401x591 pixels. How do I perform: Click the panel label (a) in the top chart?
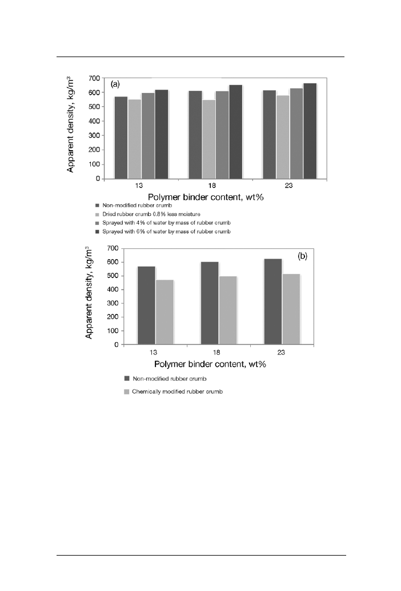coord(115,84)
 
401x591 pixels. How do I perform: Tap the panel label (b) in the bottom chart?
coord(302,256)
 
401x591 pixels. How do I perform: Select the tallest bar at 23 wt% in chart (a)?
coord(310,131)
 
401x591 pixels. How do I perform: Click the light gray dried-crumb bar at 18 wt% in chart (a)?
coord(208,139)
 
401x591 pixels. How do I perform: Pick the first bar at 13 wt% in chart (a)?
coord(121,138)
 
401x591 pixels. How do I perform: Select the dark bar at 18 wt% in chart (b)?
coord(210,303)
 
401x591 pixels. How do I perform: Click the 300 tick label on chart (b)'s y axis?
coord(112,303)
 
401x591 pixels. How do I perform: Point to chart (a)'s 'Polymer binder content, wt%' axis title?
coord(204,196)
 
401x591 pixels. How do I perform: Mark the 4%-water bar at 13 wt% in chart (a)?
coord(148,136)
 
